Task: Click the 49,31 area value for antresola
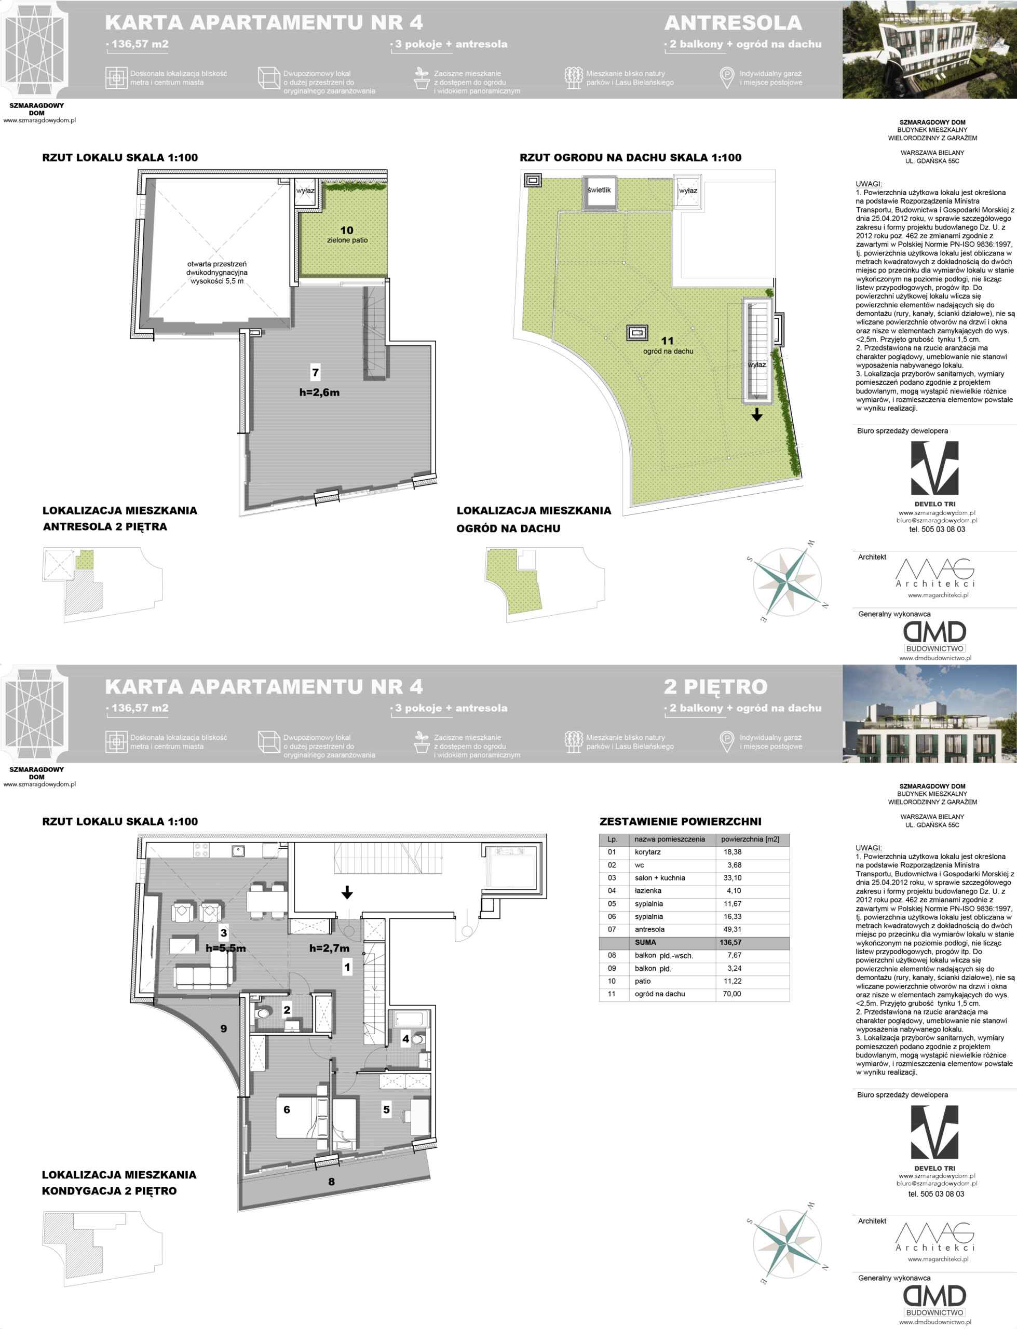tap(732, 929)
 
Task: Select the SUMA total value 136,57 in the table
tap(730, 942)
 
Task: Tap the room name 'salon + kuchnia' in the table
tap(660, 877)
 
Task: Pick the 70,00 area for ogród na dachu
tap(732, 994)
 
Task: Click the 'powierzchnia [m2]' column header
tap(750, 839)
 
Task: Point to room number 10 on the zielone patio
tap(347, 230)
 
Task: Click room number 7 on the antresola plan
tap(316, 372)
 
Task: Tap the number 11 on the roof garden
tap(667, 341)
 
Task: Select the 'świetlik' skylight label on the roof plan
tap(599, 190)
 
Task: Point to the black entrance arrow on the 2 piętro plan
tap(347, 891)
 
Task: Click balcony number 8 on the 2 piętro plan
tap(331, 1182)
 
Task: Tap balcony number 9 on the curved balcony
tap(223, 1028)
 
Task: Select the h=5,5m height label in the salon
tap(226, 948)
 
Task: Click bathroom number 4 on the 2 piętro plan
tap(405, 1038)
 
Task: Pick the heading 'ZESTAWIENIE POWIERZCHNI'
tap(681, 821)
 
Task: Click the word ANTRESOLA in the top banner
tap(733, 23)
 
